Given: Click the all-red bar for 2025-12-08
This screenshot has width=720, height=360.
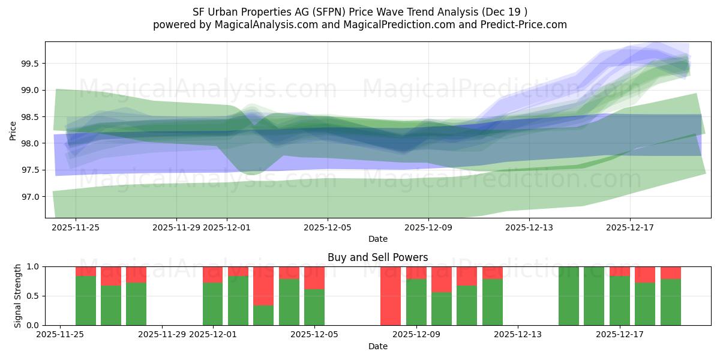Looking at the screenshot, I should (x=391, y=296).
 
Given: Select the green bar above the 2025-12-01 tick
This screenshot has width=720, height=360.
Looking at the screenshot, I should (x=212, y=304).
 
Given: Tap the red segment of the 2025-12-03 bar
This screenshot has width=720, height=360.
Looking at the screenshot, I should (x=263, y=286).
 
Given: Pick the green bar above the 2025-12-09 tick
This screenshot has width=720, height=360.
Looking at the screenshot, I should (x=416, y=302).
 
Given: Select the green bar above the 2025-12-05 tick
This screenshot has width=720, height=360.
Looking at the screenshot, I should (x=314, y=307).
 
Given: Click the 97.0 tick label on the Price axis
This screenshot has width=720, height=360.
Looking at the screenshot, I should (x=31, y=197).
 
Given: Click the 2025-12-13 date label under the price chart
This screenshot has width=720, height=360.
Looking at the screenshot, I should (x=529, y=227).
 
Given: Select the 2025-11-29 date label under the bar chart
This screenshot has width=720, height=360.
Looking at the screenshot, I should (x=162, y=335).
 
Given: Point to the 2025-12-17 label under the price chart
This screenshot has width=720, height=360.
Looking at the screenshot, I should (x=629, y=227).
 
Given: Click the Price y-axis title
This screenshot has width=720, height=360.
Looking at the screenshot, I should (x=13, y=130).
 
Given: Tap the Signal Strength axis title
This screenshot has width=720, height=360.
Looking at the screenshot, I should (x=17, y=296).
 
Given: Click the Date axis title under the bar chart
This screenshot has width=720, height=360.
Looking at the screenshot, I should (x=378, y=346).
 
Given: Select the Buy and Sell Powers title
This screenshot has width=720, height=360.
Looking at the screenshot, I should (x=378, y=257).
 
